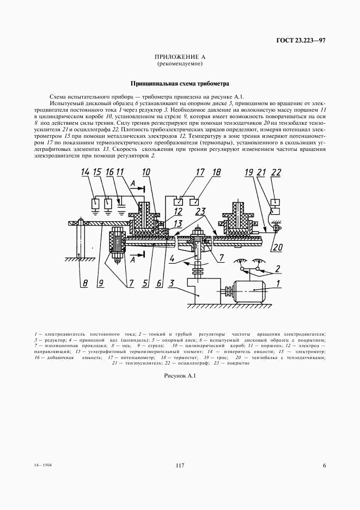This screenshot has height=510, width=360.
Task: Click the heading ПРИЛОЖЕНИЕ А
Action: [x=180, y=57]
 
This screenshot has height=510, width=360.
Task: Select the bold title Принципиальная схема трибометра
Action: [x=180, y=84]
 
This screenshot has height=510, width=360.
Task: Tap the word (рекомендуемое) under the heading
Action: [x=180, y=64]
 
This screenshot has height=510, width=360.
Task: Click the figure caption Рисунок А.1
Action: [x=180, y=376]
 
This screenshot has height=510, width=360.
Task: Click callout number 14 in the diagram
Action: [x=86, y=172]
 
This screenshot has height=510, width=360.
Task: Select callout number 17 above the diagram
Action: [x=200, y=172]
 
